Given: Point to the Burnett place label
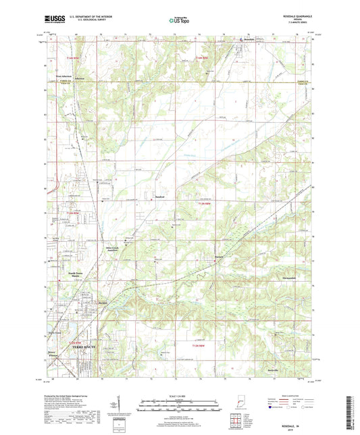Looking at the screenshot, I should pos(220,257).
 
